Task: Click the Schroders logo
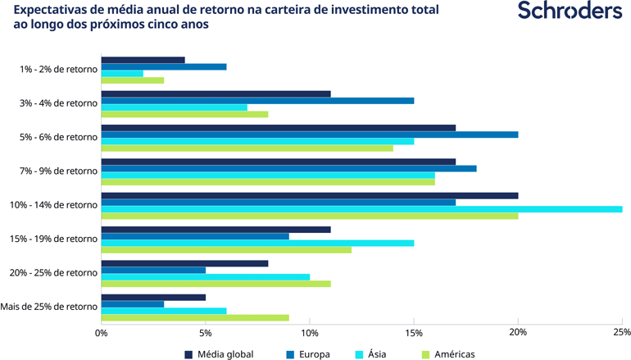click(x=570, y=12)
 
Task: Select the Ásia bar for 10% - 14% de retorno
click(x=361, y=209)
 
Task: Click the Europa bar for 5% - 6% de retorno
click(x=310, y=134)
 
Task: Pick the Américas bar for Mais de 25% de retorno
click(x=195, y=317)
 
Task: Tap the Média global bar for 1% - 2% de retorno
click(x=143, y=60)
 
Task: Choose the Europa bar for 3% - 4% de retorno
click(x=257, y=101)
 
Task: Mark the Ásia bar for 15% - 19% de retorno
click(x=257, y=243)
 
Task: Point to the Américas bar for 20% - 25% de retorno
click(x=216, y=283)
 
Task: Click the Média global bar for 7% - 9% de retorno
click(x=279, y=162)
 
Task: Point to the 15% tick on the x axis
click(x=414, y=332)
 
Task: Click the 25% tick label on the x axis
click(x=621, y=332)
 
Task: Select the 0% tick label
click(x=102, y=332)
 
